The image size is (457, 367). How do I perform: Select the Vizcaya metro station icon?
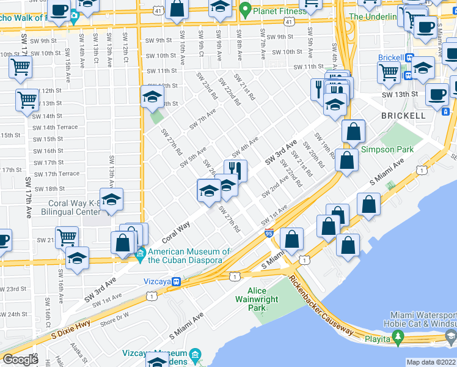click(176, 282)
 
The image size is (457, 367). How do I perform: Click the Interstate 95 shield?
click(269, 232)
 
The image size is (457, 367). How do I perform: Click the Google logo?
click(20, 360)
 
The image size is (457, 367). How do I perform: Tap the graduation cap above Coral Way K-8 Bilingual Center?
click(111, 199)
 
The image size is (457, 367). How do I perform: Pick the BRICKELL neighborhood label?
click(403, 115)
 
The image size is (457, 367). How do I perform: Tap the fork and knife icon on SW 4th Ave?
click(235, 170)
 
